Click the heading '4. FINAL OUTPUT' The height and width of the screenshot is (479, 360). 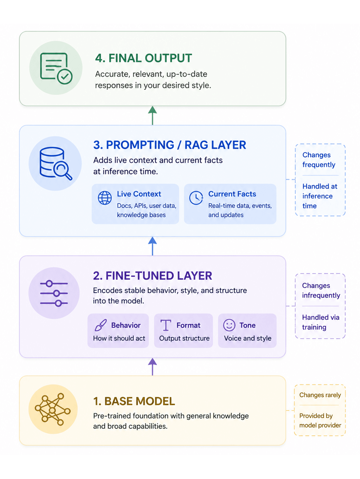coord(143,58)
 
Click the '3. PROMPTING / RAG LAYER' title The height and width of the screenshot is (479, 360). coord(170,145)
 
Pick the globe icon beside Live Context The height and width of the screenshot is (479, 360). coord(105,198)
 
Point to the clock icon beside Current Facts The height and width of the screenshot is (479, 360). coord(196,198)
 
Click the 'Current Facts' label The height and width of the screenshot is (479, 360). coord(232,194)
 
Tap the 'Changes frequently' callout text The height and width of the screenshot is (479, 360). coord(319,160)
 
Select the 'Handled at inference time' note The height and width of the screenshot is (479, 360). coord(320,196)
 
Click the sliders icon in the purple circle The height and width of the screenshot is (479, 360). coord(54,293)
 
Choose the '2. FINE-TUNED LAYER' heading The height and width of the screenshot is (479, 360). coord(153,276)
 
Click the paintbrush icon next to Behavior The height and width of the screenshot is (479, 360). coord(101,325)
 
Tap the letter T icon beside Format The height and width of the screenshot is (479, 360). coord(166,325)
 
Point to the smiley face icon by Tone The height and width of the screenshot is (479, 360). coord(229,325)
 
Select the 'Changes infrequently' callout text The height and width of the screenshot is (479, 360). coord(321,290)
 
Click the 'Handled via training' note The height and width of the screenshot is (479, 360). coord(321,322)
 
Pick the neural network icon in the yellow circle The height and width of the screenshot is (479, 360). coord(53,409)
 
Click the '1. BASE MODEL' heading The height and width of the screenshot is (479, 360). coord(134,401)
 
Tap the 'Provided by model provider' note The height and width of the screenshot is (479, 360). coord(320,421)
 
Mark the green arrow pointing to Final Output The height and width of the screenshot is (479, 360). coord(153,115)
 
